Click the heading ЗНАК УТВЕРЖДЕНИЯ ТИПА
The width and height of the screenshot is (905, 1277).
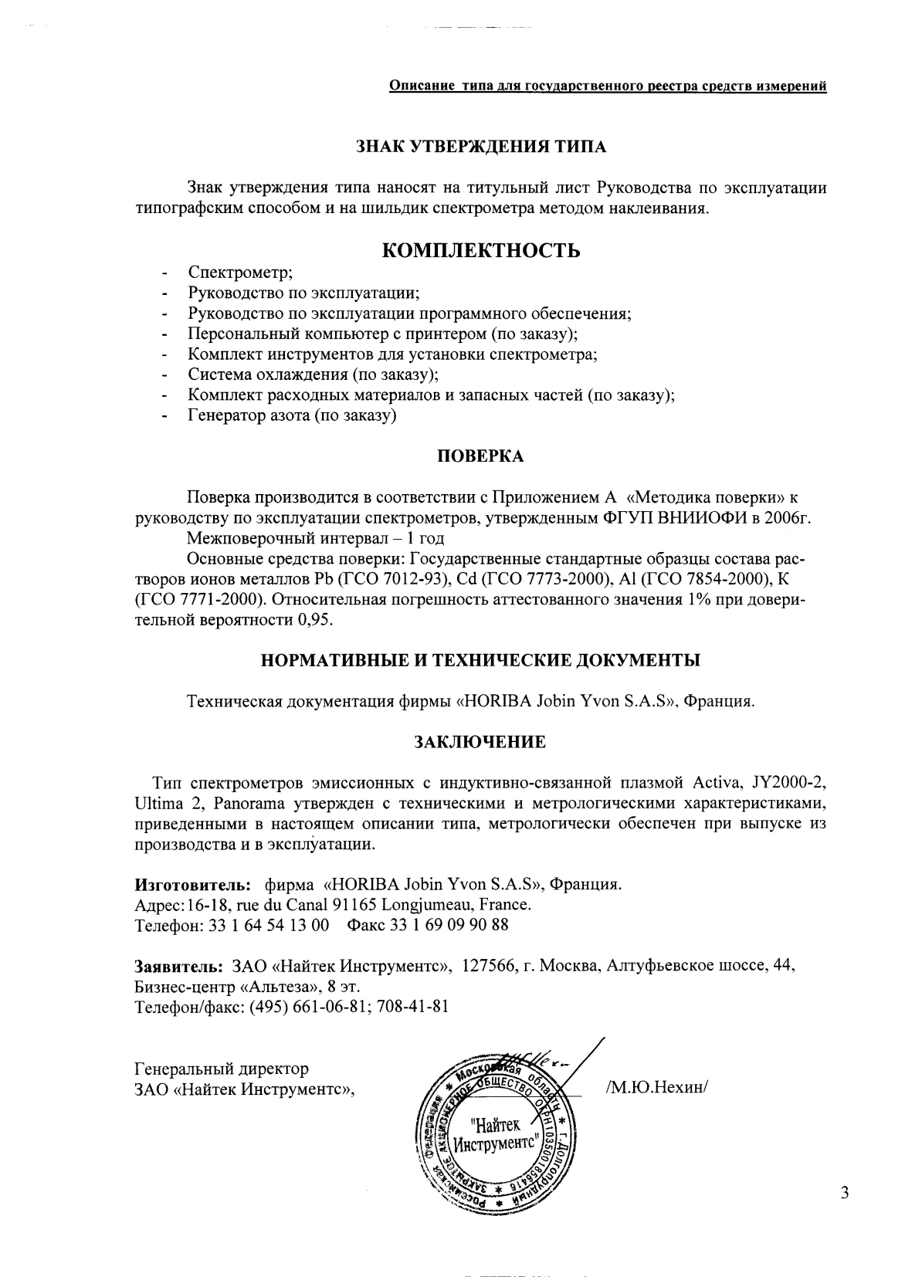pyautogui.click(x=480, y=147)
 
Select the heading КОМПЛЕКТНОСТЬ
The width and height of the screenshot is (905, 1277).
pyautogui.click(x=482, y=251)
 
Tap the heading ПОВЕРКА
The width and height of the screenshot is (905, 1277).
pyautogui.click(x=480, y=456)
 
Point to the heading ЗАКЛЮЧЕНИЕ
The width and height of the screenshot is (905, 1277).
pyautogui.click(x=480, y=742)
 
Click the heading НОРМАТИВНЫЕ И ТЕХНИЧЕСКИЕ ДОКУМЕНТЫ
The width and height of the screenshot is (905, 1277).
pyautogui.click(x=480, y=661)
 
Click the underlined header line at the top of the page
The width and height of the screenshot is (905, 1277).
pyautogui.click(x=607, y=86)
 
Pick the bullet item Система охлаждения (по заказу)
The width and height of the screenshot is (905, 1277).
pyautogui.click(x=313, y=375)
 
